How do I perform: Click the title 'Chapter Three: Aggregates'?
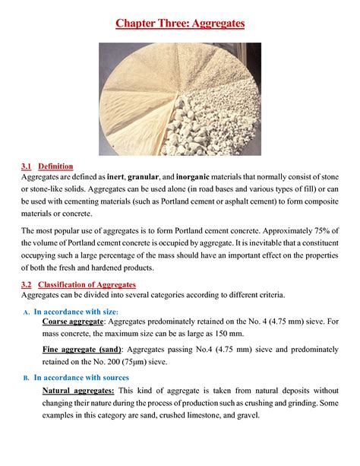pos(180,24)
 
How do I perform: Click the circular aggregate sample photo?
pos(180,98)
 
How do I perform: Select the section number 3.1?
pos(27,166)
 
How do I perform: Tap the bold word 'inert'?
pos(116,177)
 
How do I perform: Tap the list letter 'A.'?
pos(25,312)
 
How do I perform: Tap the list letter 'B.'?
pos(25,378)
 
